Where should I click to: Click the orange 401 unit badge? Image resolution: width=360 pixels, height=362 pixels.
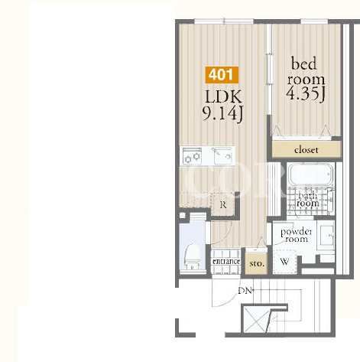222,75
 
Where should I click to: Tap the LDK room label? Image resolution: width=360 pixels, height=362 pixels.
223,97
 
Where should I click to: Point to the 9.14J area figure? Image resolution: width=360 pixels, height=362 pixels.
222,114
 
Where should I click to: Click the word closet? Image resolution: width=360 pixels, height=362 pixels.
306,150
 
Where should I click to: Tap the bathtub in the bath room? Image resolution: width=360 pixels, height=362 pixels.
310,175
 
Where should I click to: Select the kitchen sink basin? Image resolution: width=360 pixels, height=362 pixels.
222,156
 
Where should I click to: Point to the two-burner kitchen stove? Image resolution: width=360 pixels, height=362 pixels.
193,156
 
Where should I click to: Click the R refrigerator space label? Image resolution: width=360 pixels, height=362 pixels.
223,204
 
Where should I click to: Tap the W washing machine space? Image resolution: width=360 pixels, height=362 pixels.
284,261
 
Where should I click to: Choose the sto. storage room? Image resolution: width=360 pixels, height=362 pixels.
257,263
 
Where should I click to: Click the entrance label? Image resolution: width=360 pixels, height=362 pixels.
226,262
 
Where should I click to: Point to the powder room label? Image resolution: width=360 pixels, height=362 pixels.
297,235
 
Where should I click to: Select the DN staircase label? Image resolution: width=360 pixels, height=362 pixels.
245,291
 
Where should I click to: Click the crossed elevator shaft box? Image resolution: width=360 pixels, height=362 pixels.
255,319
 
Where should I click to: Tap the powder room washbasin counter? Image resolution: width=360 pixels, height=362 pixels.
326,235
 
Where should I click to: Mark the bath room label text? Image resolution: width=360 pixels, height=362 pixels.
308,200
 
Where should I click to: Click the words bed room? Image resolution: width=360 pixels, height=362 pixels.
306,71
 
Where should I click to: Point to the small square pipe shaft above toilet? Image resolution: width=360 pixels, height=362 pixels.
183,216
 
